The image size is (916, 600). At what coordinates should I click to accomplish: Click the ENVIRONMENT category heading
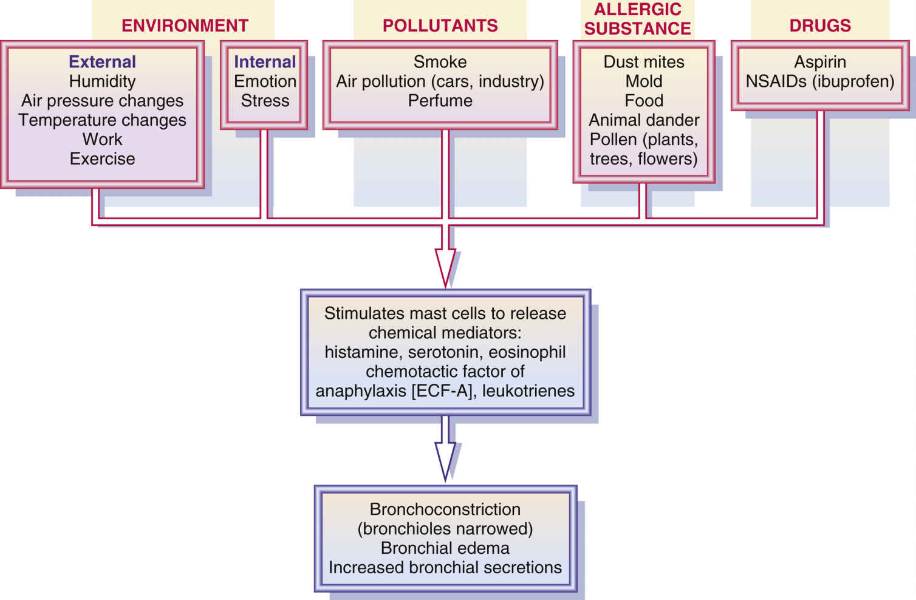click(x=185, y=26)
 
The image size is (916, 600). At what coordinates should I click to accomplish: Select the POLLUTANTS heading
click(x=440, y=26)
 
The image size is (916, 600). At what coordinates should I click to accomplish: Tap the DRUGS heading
click(x=819, y=26)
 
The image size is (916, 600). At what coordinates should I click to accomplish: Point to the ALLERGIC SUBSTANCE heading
click(x=637, y=19)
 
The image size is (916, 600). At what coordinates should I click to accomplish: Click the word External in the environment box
click(x=102, y=62)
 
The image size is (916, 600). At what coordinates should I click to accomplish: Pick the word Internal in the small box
click(x=265, y=62)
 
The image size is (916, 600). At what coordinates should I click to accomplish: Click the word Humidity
click(x=102, y=81)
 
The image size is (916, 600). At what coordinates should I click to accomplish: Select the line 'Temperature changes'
click(x=102, y=120)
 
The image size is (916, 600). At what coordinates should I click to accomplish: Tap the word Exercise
click(x=102, y=159)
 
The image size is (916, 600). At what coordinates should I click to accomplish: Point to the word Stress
click(x=265, y=101)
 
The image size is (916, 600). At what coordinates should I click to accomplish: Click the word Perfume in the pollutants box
click(x=440, y=101)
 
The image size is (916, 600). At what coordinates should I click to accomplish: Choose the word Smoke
click(x=440, y=62)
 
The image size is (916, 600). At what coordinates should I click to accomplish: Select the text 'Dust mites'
click(x=643, y=62)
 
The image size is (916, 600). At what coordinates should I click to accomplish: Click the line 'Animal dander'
click(x=643, y=120)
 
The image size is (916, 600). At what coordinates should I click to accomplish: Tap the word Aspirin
click(x=819, y=62)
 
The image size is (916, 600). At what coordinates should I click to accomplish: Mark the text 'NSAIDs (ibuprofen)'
click(x=819, y=81)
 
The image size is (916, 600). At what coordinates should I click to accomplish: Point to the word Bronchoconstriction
click(x=445, y=509)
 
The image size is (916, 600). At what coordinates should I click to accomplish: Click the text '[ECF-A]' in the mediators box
click(x=442, y=390)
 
